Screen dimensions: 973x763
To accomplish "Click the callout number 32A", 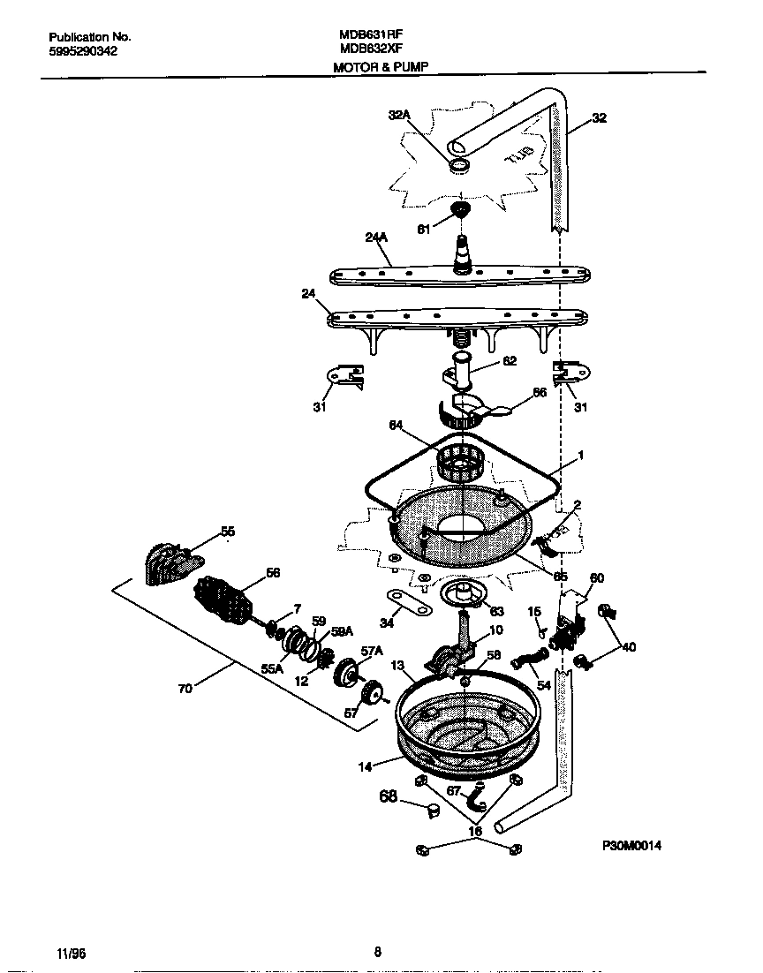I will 400,115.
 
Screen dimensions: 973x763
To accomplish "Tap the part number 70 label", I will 185,690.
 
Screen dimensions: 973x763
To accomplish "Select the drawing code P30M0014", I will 631,845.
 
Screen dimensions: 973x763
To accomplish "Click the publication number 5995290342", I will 83,51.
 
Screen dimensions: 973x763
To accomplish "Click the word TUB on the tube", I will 519,156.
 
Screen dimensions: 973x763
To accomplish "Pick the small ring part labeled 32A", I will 458,166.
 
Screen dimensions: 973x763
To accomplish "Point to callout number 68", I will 387,797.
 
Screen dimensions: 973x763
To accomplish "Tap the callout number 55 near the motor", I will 228,532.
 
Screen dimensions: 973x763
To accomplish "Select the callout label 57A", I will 372,652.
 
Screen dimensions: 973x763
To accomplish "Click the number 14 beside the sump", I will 365,766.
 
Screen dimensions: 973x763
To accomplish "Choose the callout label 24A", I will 376,238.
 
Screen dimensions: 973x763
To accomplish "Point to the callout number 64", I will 397,425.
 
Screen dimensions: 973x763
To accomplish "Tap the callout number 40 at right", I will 628,646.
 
